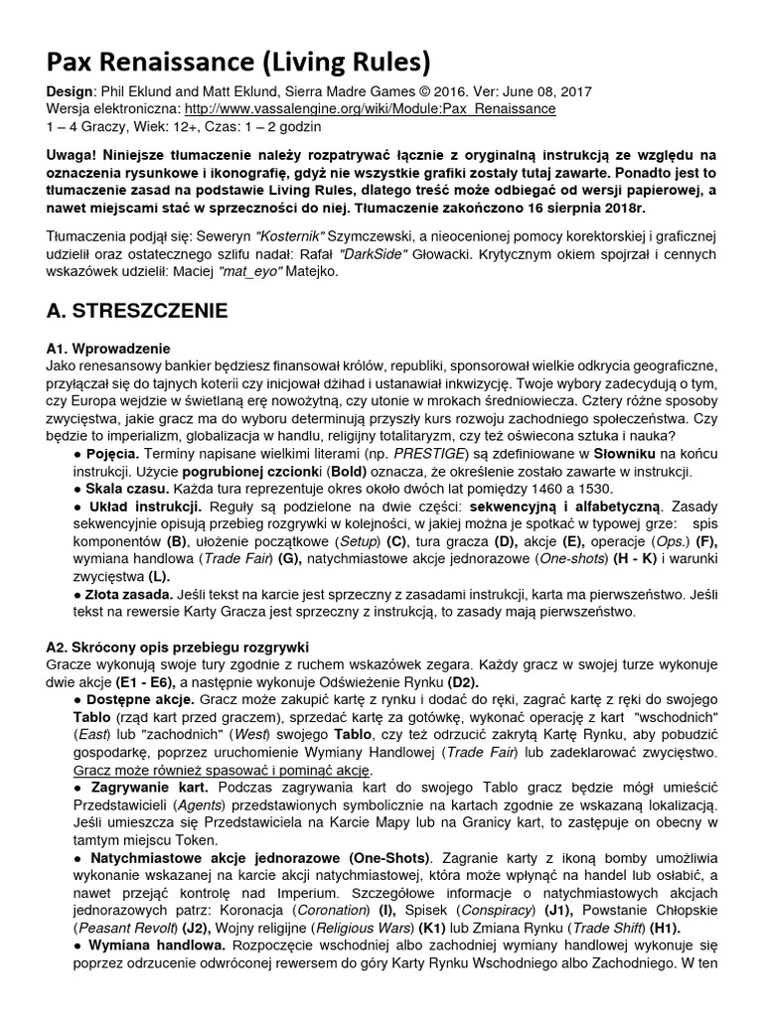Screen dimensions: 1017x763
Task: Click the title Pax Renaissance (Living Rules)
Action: [x=238, y=64]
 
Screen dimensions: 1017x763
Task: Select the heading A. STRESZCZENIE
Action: [x=137, y=311]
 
